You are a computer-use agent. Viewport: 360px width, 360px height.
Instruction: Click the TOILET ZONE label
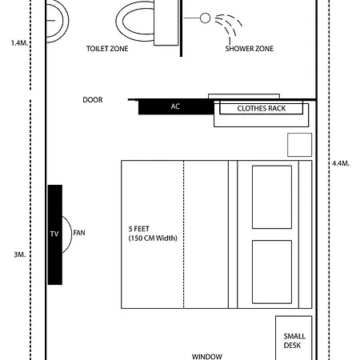point(107,49)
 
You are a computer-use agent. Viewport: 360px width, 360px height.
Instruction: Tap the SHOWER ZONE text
point(250,49)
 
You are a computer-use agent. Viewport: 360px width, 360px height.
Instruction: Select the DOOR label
point(93,100)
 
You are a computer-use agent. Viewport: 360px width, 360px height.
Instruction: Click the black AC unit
point(176,106)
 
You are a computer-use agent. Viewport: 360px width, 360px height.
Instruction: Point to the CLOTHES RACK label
point(262,109)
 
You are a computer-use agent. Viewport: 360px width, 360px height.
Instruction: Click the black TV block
point(55,234)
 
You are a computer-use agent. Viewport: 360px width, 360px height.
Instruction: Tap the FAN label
point(79,233)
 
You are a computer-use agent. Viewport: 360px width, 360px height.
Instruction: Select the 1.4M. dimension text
point(19,42)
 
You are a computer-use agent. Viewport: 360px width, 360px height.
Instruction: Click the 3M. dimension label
point(20,254)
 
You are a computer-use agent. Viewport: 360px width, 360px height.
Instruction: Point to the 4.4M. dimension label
point(341,163)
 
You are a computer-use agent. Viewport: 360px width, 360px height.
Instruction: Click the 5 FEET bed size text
point(138,229)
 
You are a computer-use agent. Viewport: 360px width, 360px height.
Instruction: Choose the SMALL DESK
point(294,338)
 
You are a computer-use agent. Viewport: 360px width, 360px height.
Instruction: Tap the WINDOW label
point(207,357)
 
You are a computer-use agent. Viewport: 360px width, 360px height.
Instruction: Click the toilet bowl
point(135,22)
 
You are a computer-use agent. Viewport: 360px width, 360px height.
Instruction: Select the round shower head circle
point(205,18)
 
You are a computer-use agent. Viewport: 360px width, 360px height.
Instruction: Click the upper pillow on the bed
point(272,197)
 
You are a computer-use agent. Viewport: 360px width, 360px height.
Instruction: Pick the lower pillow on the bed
point(272,272)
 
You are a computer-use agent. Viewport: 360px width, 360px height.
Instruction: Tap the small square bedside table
point(299,145)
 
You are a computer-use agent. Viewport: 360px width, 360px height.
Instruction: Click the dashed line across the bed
point(183,234)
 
